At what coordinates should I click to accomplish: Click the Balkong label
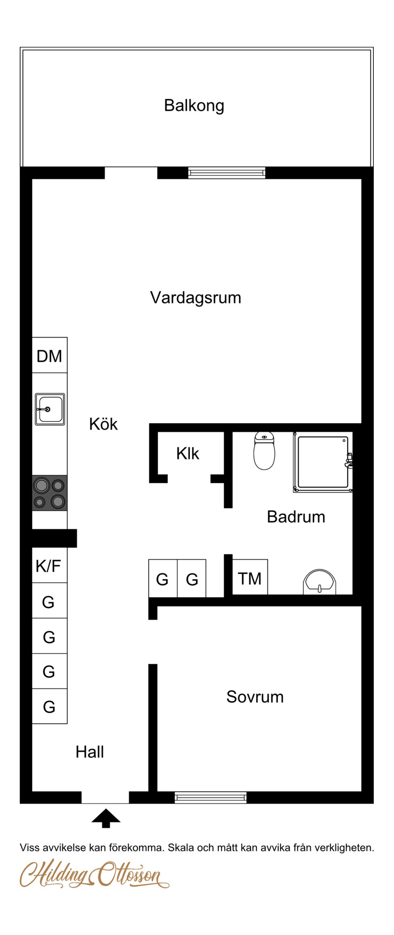[x=194, y=106]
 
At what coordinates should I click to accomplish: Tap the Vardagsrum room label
[x=196, y=298]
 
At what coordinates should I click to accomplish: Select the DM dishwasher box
[x=50, y=355]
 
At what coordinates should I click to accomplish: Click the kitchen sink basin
[x=50, y=409]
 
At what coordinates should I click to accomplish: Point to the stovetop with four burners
[x=50, y=493]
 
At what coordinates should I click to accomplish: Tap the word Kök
[x=103, y=424]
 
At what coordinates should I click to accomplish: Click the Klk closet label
[x=188, y=453]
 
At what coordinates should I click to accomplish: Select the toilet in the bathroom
[x=264, y=451]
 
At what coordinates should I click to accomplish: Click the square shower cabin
[x=323, y=462]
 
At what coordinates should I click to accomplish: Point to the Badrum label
[x=296, y=517]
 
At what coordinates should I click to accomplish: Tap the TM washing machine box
[x=250, y=577]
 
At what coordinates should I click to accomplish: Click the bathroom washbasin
[x=320, y=581]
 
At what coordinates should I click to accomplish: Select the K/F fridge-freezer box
[x=49, y=565]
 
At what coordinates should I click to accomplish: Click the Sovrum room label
[x=255, y=697]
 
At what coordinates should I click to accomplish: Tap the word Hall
[x=90, y=752]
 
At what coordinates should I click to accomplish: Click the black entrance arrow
[x=106, y=818]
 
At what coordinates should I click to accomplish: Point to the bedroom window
[x=211, y=798]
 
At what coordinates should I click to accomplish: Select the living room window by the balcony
[x=227, y=173]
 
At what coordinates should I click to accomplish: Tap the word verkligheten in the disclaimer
[x=344, y=847]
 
